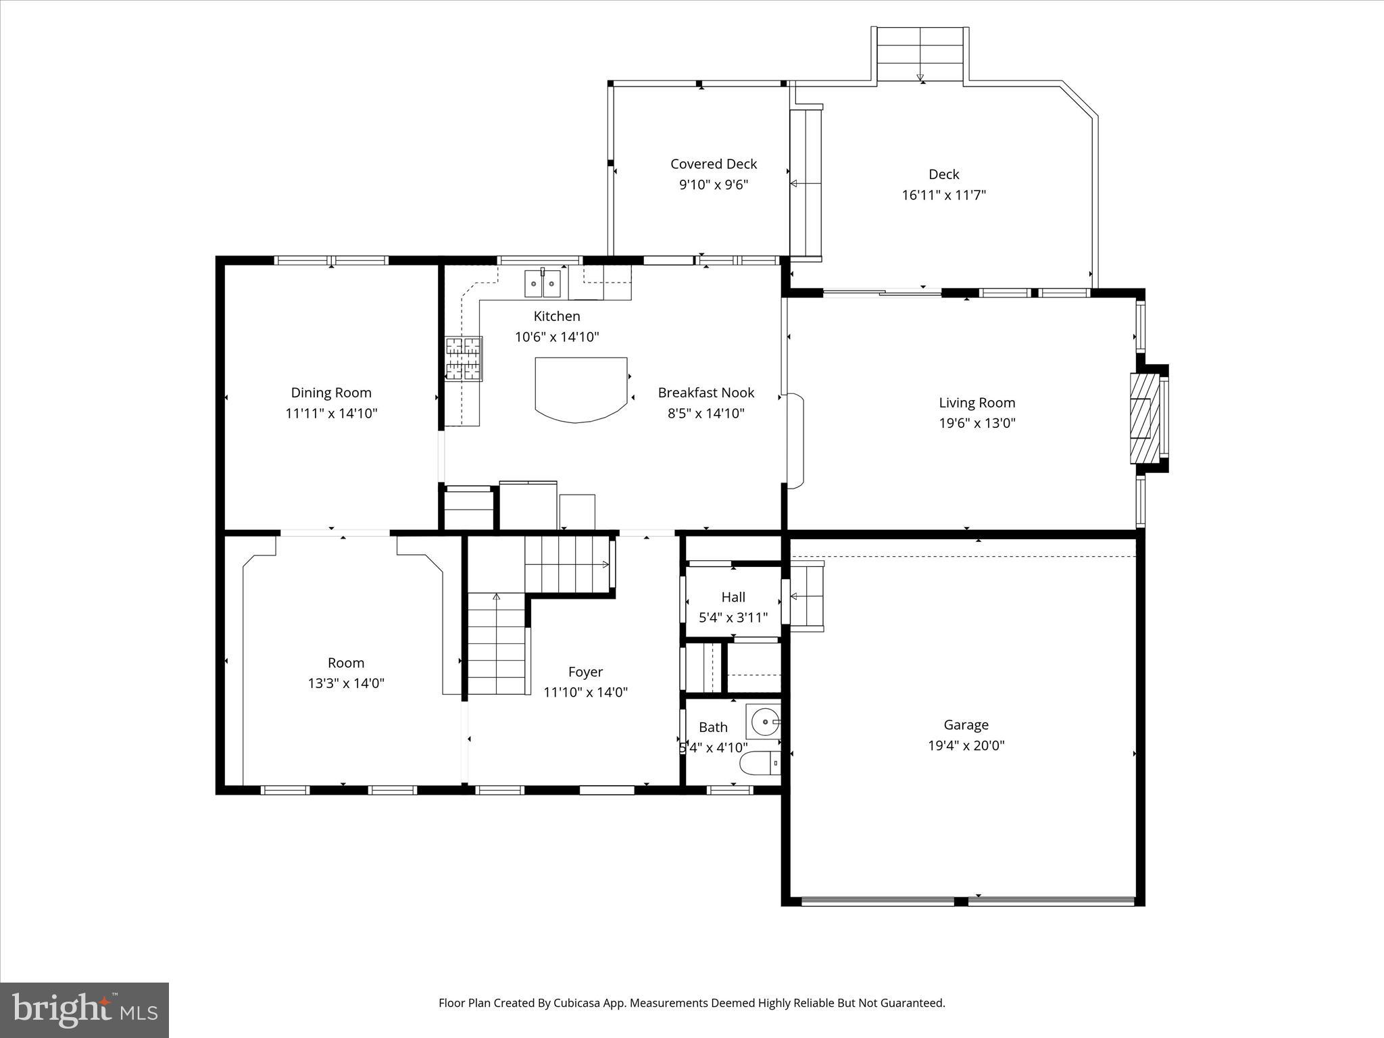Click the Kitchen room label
pyautogui.click(x=557, y=316)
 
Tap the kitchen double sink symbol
pyautogui.click(x=543, y=284)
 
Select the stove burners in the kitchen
pyautogui.click(x=464, y=359)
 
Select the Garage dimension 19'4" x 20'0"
pyautogui.click(x=966, y=746)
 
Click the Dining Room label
pyautogui.click(x=331, y=393)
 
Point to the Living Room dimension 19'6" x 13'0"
pyautogui.click(x=977, y=424)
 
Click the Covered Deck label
pyautogui.click(x=714, y=164)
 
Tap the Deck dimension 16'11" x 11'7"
pyautogui.click(x=943, y=195)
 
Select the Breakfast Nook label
pyautogui.click(x=706, y=393)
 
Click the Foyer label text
pyautogui.click(x=585, y=672)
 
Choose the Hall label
pyautogui.click(x=733, y=597)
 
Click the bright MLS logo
pyautogui.click(x=84, y=1010)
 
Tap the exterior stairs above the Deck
pyautogui.click(x=920, y=54)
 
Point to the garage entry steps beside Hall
pyautogui.click(x=807, y=596)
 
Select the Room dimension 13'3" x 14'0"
pyautogui.click(x=346, y=683)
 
